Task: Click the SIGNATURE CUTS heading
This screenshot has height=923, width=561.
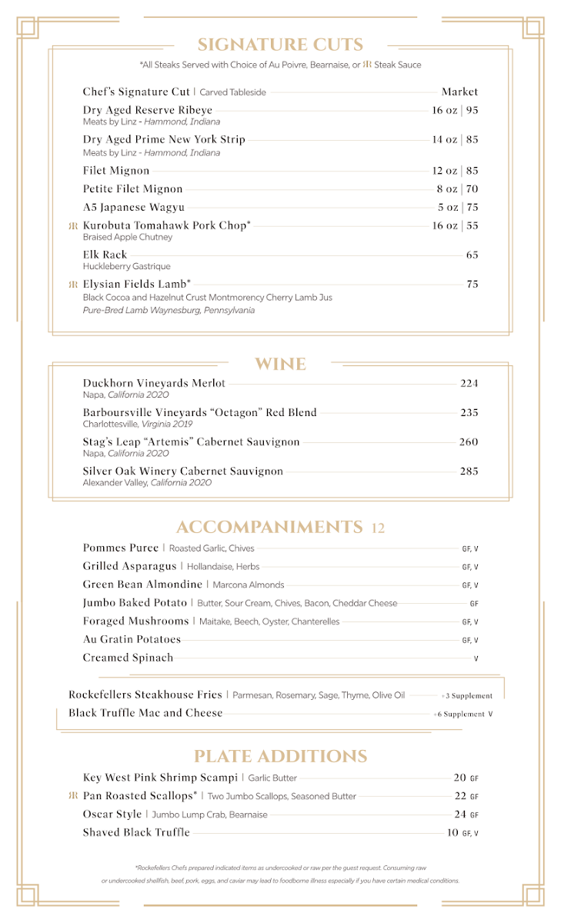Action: point(280,45)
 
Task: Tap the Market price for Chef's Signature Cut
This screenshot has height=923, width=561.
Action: point(459,92)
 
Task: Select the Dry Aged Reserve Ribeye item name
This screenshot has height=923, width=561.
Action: point(148,110)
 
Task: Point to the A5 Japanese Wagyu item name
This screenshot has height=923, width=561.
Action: point(134,208)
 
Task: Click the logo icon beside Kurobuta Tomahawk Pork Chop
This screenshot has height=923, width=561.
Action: point(73,226)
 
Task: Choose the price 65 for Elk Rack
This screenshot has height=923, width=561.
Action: point(472,255)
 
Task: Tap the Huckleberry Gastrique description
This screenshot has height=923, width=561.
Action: point(126,266)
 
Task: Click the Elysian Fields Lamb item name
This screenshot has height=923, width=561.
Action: point(137,285)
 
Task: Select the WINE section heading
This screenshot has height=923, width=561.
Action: point(280,364)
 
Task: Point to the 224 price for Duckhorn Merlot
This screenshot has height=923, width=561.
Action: point(469,383)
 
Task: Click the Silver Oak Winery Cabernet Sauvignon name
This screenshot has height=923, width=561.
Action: point(183,471)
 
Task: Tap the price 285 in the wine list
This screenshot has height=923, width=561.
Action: point(469,471)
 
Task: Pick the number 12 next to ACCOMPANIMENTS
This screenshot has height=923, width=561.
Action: point(378,528)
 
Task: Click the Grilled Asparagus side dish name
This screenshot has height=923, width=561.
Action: point(130,567)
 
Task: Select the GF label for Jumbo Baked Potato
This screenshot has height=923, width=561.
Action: point(474,604)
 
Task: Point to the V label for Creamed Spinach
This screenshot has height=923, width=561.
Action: point(476,658)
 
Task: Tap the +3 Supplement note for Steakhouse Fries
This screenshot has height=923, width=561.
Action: point(467,695)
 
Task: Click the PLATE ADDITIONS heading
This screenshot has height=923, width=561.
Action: point(280,756)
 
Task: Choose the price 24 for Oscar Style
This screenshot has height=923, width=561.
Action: point(460,815)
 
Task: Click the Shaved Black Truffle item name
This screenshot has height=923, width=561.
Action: point(136,833)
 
